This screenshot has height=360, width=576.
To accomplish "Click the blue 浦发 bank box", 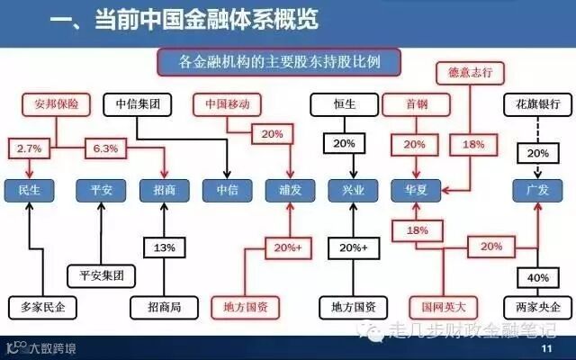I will point(285,190).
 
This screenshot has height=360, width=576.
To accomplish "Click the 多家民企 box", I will point(42,306).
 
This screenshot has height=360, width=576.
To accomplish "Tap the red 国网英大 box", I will point(438,306).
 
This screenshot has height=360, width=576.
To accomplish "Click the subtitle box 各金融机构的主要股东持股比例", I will point(279,63).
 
